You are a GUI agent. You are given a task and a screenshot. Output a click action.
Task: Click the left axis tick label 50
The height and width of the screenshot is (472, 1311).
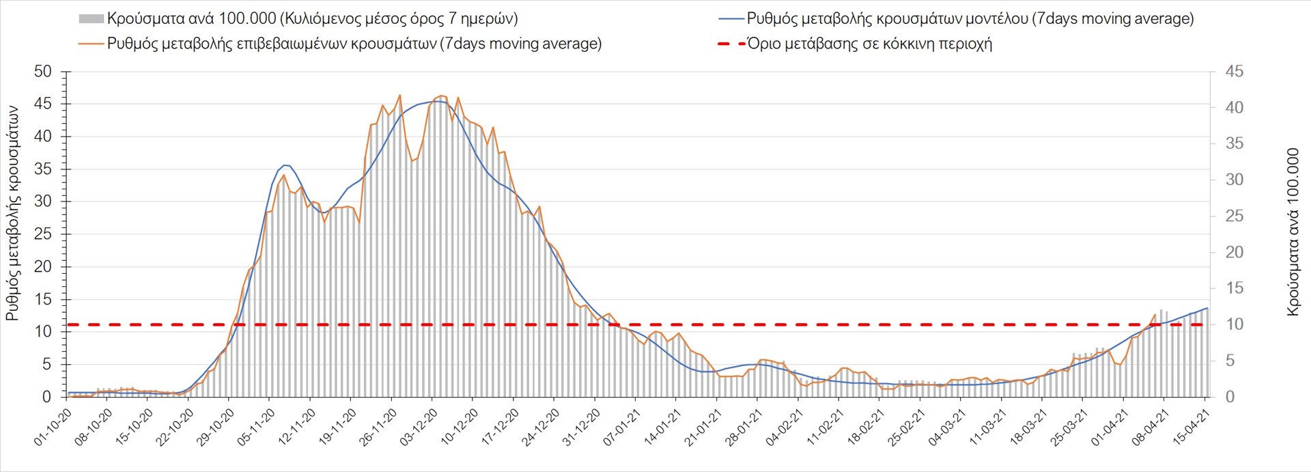(x=42, y=72)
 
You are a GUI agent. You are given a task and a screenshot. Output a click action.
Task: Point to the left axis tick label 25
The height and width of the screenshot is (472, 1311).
(x=42, y=234)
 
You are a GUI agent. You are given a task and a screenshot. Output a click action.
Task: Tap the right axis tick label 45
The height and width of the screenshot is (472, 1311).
(x=1234, y=72)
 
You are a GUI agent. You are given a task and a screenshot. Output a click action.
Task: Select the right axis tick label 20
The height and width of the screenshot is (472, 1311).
(x=1234, y=252)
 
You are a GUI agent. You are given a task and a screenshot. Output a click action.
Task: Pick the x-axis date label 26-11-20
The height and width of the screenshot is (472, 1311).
(x=378, y=428)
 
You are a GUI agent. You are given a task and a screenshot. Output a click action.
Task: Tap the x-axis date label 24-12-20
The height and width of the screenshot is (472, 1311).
(x=541, y=428)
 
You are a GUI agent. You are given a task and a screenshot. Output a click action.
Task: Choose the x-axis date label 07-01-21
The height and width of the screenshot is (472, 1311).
(x=622, y=428)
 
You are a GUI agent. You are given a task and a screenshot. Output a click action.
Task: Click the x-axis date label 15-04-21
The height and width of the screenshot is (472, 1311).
(x=1192, y=428)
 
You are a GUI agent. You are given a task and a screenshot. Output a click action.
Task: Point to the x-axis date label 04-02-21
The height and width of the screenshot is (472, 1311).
(x=785, y=428)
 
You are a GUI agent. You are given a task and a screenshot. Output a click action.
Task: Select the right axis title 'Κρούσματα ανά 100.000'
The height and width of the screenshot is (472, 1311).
(x=1293, y=232)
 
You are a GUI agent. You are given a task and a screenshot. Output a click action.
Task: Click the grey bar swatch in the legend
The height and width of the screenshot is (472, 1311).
(x=91, y=18)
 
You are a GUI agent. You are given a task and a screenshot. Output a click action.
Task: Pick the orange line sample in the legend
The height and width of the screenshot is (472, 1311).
(x=91, y=44)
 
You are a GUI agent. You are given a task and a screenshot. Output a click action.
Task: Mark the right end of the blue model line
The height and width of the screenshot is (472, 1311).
(x=1207, y=308)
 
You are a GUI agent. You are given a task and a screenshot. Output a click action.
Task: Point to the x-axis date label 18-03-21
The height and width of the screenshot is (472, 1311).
(x=1028, y=428)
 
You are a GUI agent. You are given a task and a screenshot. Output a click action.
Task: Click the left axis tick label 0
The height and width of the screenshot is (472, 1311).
(x=46, y=397)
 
